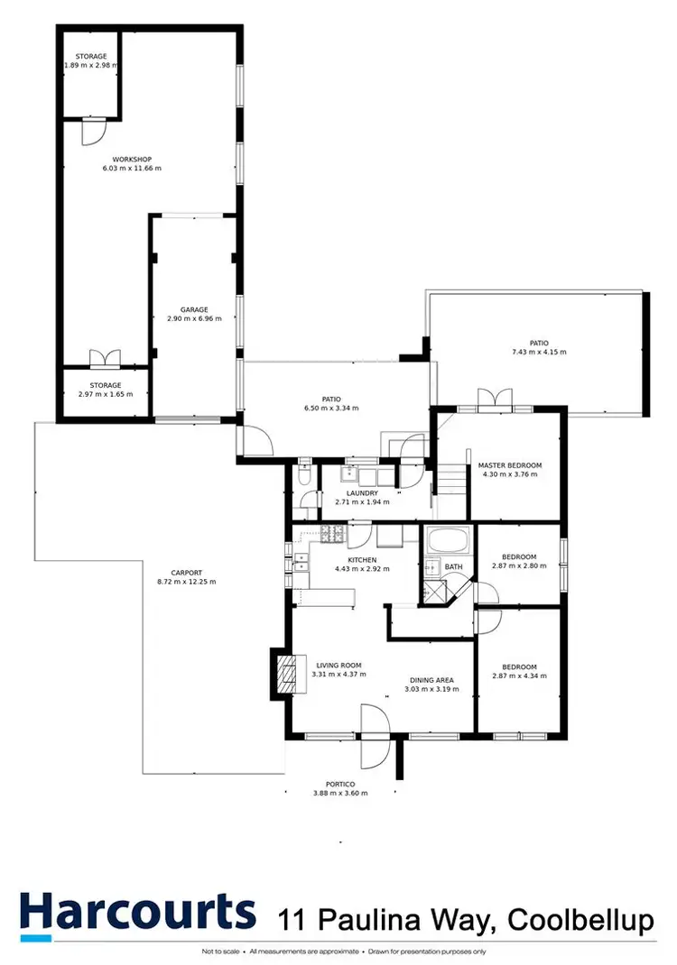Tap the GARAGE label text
193,309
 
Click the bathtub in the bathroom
448,543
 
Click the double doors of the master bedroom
495,400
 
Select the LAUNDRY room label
362,493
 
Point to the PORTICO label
339,784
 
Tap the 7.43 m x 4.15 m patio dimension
539,352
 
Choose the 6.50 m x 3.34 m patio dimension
331,408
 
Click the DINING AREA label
431,679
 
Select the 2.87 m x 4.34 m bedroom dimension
519,675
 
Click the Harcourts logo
135,913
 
